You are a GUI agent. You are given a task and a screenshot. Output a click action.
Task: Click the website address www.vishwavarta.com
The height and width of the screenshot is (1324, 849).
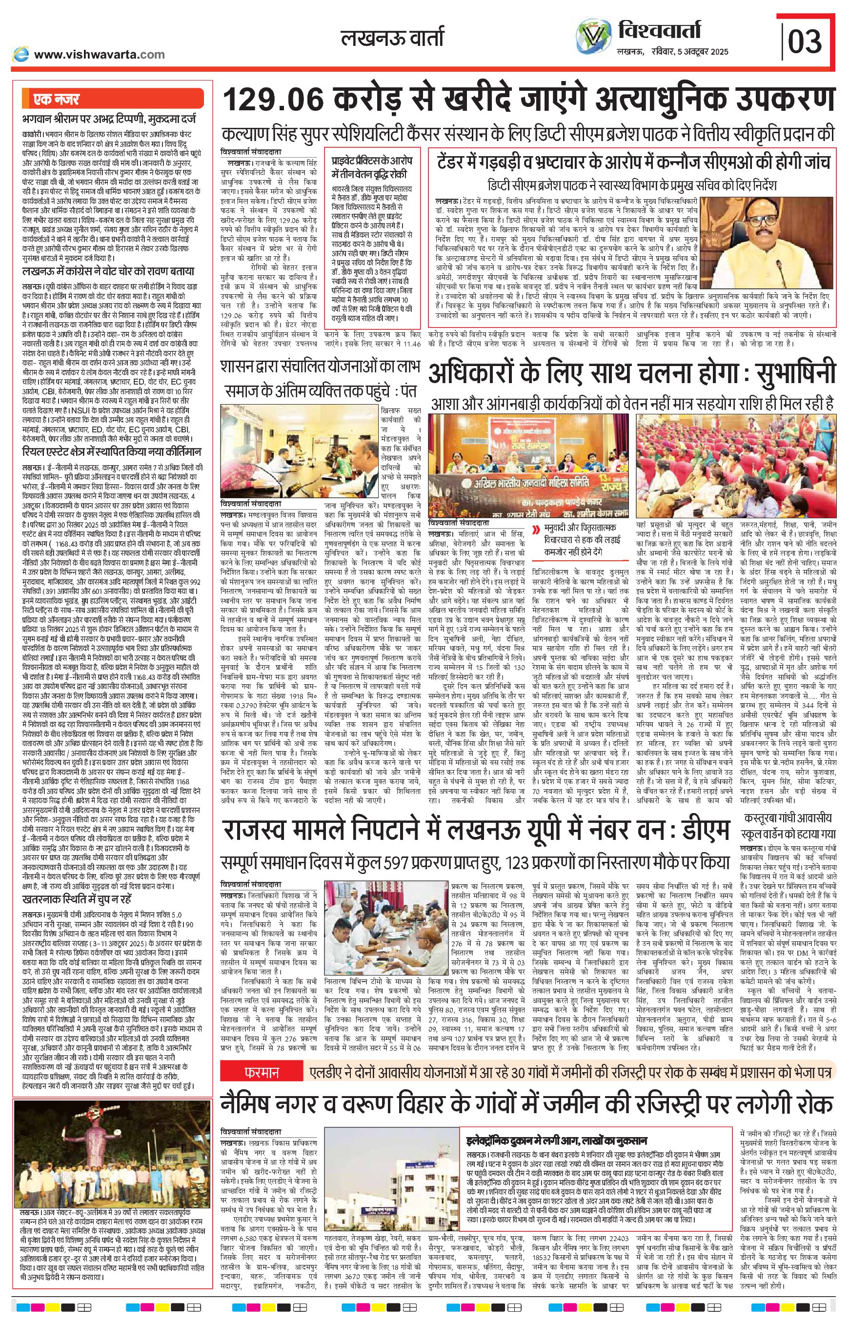click(99, 54)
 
